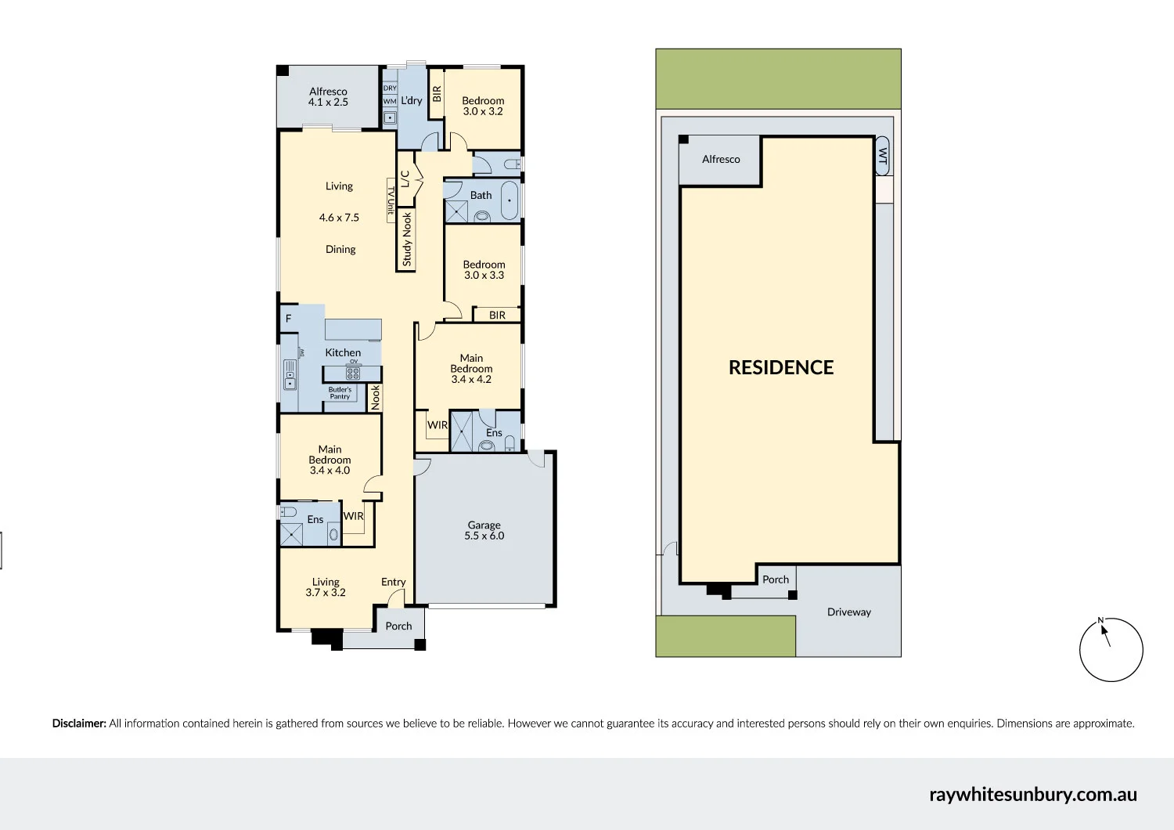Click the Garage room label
(x=484, y=530)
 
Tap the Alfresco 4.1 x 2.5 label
(x=328, y=97)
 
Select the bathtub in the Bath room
(x=510, y=200)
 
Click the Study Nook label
(x=407, y=240)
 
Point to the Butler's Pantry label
(x=340, y=393)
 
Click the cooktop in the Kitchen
(x=353, y=373)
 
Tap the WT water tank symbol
(x=883, y=156)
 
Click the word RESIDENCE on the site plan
(x=781, y=367)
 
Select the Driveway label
(x=849, y=612)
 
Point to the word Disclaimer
(x=79, y=724)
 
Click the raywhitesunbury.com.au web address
(x=1033, y=795)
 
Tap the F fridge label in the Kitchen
(x=288, y=318)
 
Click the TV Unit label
(x=391, y=200)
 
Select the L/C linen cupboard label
(x=405, y=179)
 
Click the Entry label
(x=393, y=582)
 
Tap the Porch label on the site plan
(x=776, y=579)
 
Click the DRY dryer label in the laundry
(x=390, y=88)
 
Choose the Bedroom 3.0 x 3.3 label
(x=484, y=269)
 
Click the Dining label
(x=340, y=250)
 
